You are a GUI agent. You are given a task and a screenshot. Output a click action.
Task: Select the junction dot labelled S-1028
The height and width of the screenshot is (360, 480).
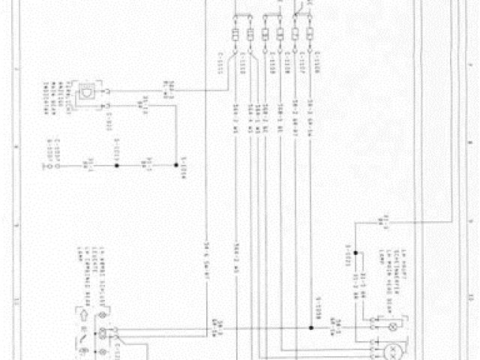click(x=310, y=328)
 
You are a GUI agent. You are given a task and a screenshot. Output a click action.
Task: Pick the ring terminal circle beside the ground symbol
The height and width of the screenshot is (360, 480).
click(x=52, y=162)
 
